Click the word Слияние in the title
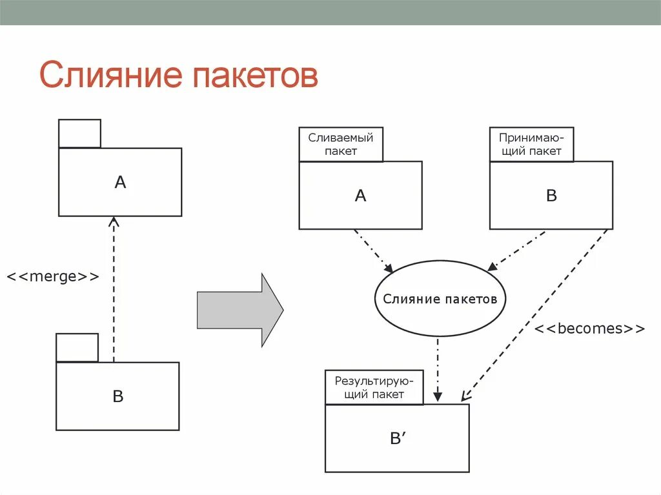(x=109, y=76)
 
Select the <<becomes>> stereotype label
(x=589, y=328)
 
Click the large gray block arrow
(x=239, y=310)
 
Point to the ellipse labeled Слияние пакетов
(x=440, y=299)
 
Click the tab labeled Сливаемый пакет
(x=341, y=144)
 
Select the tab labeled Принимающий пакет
(x=531, y=144)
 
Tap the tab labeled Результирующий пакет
(x=374, y=387)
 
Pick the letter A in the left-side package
(x=120, y=183)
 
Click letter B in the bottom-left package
(x=117, y=396)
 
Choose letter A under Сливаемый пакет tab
(x=360, y=196)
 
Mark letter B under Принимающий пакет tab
(x=551, y=196)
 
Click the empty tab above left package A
(x=79, y=134)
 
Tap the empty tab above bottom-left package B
(x=77, y=348)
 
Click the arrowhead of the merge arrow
(x=114, y=222)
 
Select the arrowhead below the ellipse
(x=438, y=395)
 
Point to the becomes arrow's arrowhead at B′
(x=465, y=396)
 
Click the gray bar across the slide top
(x=330, y=12)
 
